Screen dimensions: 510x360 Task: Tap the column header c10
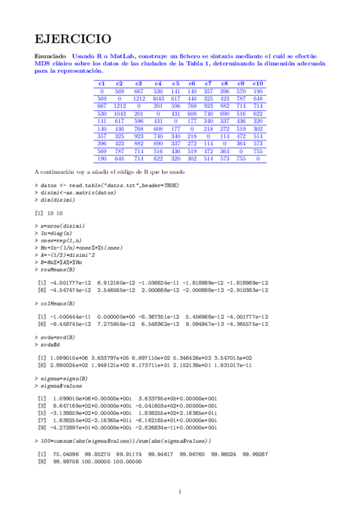258,83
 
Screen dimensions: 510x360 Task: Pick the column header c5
175,83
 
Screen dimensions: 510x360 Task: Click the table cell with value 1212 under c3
139,98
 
